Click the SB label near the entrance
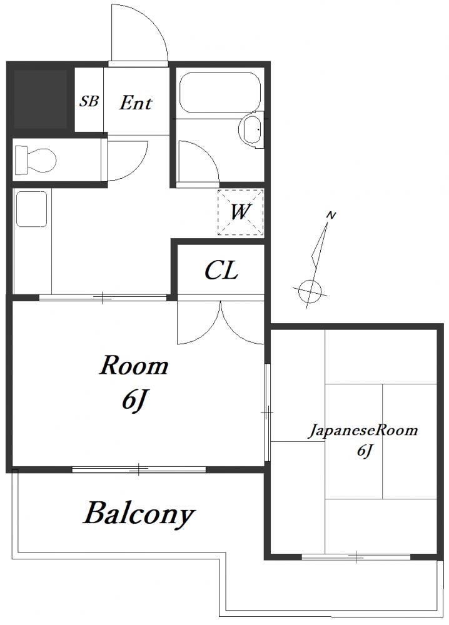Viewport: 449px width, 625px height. pyautogui.click(x=89, y=101)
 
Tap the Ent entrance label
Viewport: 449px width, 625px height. pyautogui.click(x=136, y=103)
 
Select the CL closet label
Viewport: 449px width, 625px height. pyautogui.click(x=221, y=271)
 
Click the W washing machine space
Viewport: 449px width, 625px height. pyautogui.click(x=241, y=212)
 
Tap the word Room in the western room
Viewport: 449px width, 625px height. pyautogui.click(x=134, y=366)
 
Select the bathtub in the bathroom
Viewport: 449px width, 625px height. pyautogui.click(x=219, y=92)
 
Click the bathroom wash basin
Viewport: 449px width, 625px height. pyautogui.click(x=251, y=128)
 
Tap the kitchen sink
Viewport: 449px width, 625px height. pyautogui.click(x=31, y=209)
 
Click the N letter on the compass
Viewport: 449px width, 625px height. pyautogui.click(x=331, y=216)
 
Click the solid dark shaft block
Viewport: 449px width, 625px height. pyautogui.click(x=40, y=99)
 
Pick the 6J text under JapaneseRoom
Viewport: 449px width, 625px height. pyautogui.click(x=365, y=451)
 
